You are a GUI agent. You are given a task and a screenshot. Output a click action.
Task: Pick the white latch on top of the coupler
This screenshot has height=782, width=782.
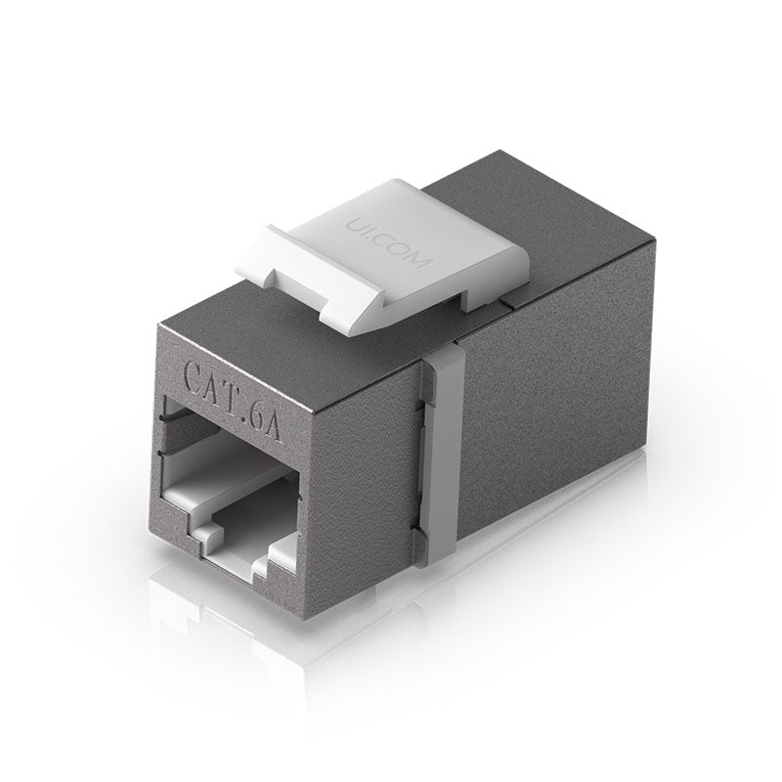point(391,249)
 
